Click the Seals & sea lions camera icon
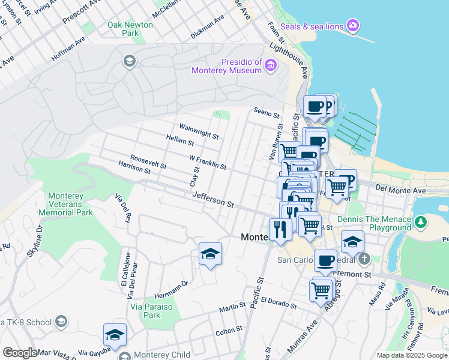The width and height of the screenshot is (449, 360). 354,25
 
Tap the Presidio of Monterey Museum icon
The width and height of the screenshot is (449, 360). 270,65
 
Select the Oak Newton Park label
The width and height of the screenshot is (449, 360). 130,29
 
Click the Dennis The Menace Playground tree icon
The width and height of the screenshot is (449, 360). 421,223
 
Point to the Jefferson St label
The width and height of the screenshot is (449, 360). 212,200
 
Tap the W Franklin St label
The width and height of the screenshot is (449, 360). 207,162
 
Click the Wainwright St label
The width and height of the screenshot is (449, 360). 199,131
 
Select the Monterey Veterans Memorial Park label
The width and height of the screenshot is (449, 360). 70,204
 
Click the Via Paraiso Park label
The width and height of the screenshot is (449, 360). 145,310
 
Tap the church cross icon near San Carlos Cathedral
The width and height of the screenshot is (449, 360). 364,260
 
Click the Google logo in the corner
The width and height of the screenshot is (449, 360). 20,353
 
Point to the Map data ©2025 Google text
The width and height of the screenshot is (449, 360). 411,355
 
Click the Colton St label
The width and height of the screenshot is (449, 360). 229,329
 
